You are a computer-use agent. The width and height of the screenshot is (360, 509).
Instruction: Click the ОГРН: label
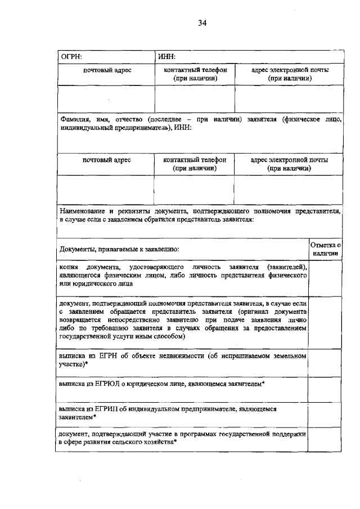pyautogui.click(x=72, y=56)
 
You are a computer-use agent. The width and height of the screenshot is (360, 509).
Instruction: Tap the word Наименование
pyautogui.click(x=84, y=211)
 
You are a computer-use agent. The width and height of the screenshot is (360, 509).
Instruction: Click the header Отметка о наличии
pyautogui.click(x=326, y=249)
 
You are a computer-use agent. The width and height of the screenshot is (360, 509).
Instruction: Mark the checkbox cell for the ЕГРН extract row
pyautogui.click(x=326, y=362)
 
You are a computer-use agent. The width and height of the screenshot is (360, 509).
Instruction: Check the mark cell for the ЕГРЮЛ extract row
pyautogui.click(x=326, y=389)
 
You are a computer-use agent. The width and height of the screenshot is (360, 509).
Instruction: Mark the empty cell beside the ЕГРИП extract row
pyautogui.click(x=326, y=415)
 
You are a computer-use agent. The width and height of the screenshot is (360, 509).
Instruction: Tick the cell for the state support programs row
pyautogui.click(x=326, y=439)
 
